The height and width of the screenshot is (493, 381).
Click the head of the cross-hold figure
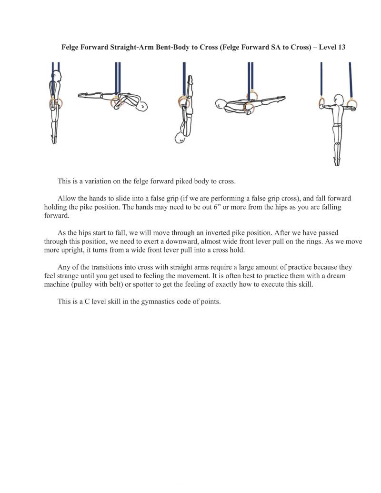point(338,101)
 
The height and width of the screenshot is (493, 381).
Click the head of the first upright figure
point(56,77)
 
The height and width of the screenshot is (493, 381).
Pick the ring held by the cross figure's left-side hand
point(322,102)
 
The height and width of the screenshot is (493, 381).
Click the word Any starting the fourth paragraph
point(64,267)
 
